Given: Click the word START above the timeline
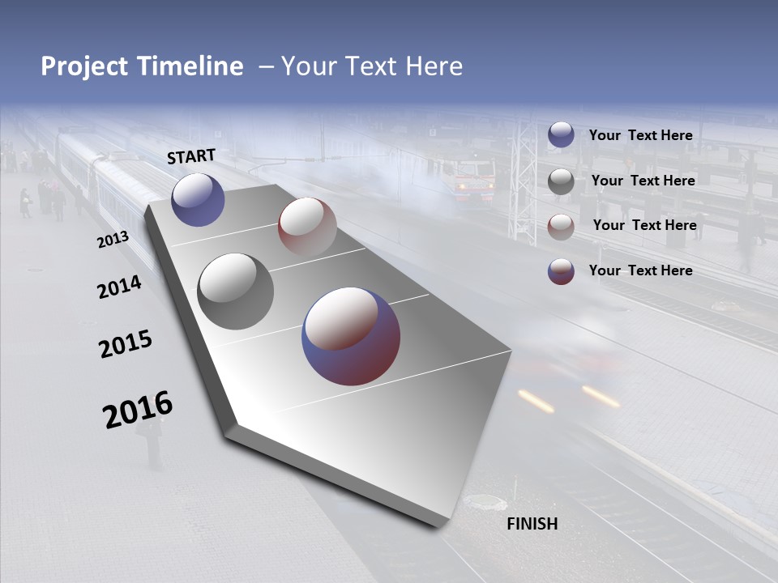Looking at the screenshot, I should point(191,156).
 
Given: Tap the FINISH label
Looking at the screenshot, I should point(532,524).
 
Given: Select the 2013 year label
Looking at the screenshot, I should point(113,240).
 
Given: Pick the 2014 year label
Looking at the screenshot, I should point(119,287).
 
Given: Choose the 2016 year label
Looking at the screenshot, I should point(138,410).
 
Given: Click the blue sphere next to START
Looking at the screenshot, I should point(198,199).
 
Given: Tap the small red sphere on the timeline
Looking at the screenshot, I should point(307,226).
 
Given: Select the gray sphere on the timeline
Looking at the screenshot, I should point(236,291).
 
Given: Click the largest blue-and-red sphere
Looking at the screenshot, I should point(351,335).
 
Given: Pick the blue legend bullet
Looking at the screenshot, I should point(561,134).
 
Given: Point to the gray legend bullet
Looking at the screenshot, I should point(561,181).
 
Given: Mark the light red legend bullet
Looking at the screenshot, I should point(561,226).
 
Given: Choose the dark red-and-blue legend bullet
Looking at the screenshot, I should point(561,270).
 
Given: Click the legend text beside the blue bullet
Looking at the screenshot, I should point(640,135).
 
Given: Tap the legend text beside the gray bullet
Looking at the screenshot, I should point(643,181).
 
